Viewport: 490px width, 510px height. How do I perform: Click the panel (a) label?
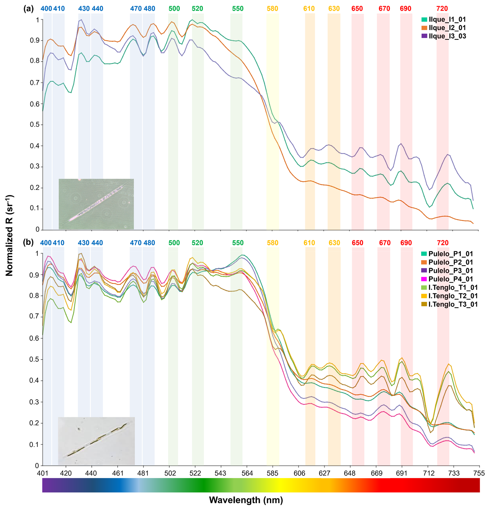(28, 9)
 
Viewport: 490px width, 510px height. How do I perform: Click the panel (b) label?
(28, 243)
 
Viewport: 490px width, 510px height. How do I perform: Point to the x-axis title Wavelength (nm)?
(246, 500)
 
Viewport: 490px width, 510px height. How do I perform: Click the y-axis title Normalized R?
(9, 235)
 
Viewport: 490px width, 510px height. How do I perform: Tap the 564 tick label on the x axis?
(247, 473)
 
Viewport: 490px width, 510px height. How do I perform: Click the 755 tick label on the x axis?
(479, 473)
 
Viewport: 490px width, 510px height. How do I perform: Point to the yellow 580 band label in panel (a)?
(272, 9)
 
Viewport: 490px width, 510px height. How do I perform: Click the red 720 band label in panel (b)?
(443, 243)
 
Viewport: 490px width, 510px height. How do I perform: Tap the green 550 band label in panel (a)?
(238, 9)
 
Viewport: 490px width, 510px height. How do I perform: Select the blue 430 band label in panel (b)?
(83, 243)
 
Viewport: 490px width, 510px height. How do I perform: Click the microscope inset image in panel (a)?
(96, 204)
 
